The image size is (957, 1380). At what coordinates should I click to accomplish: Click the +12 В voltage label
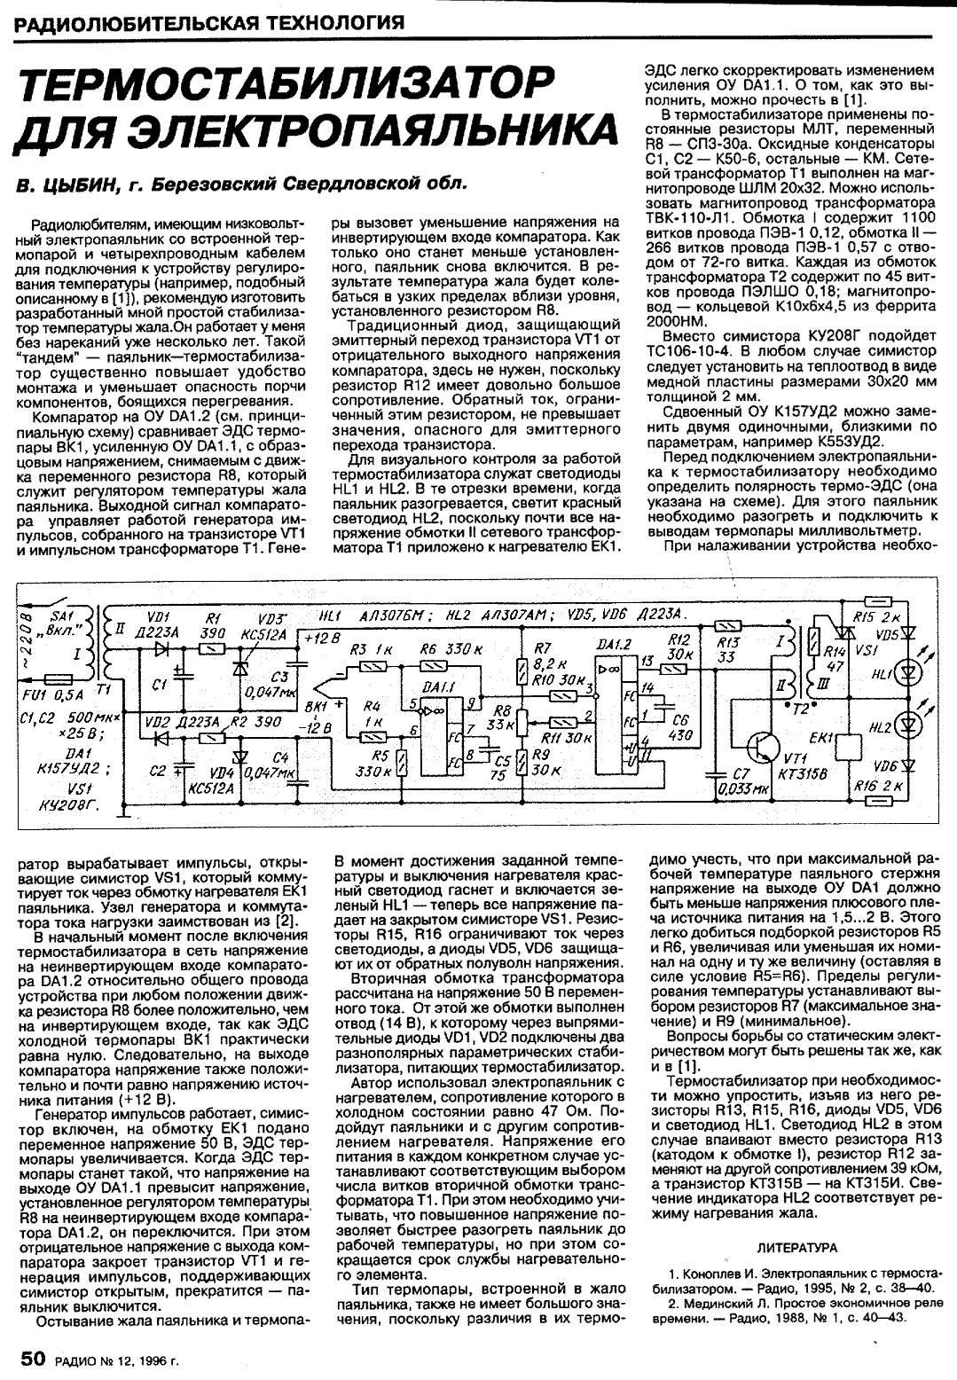click(x=318, y=638)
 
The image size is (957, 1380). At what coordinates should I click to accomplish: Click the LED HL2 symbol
click(x=906, y=725)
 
